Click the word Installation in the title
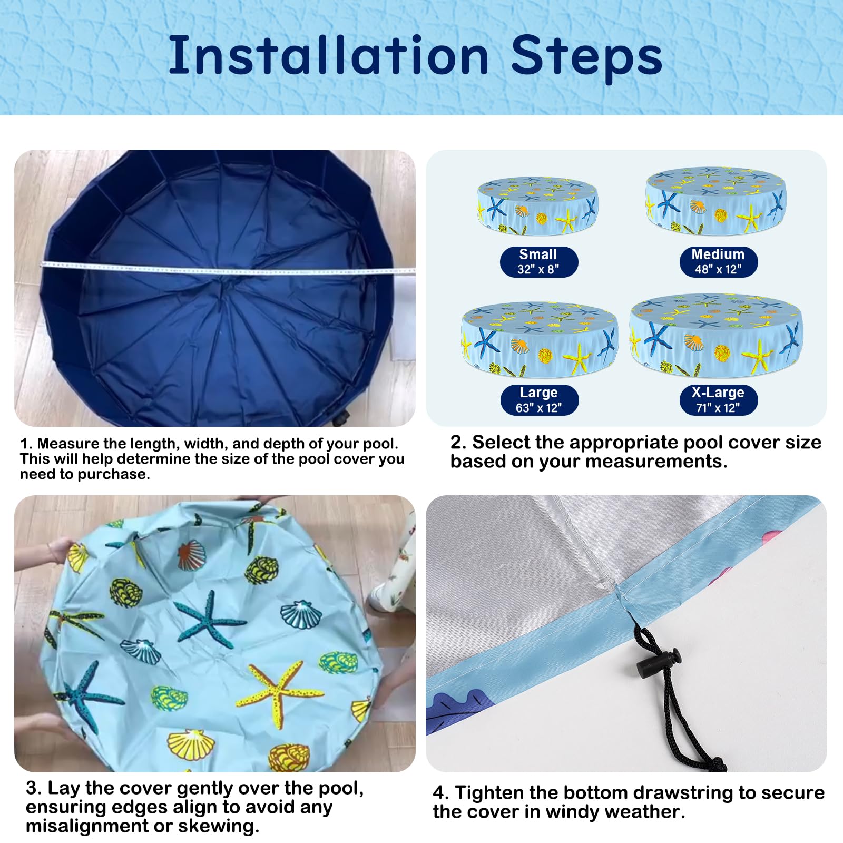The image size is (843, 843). tap(329, 55)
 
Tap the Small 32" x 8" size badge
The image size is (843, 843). tap(538, 262)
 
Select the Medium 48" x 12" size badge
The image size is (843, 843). tap(718, 262)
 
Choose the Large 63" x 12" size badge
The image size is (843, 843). tap(538, 400)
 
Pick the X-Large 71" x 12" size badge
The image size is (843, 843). tap(718, 400)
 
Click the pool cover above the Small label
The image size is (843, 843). tap(537, 206)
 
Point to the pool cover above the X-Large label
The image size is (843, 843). tap(716, 335)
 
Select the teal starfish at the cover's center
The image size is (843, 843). tap(209, 619)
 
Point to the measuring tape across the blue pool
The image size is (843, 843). tap(228, 268)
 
